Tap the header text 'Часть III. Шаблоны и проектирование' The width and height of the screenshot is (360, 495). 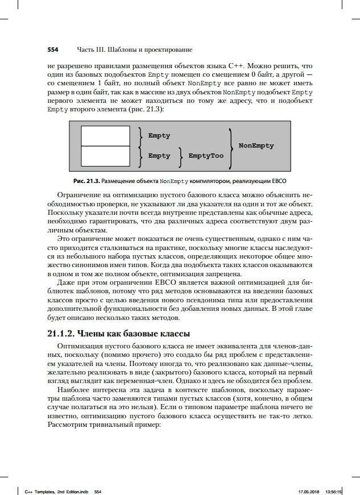point(135,49)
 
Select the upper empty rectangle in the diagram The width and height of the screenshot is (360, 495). point(105,136)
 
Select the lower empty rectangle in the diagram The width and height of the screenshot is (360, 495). point(105,155)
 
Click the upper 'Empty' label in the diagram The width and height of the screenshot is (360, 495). point(159,136)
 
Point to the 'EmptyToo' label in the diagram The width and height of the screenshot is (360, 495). point(206,156)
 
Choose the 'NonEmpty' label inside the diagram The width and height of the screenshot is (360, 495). point(256,145)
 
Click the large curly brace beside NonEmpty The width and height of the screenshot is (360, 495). point(230,146)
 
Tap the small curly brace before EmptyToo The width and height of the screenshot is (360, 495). point(181,156)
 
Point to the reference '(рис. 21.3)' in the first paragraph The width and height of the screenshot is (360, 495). point(145,110)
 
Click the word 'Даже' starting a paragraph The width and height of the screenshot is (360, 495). point(68,282)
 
